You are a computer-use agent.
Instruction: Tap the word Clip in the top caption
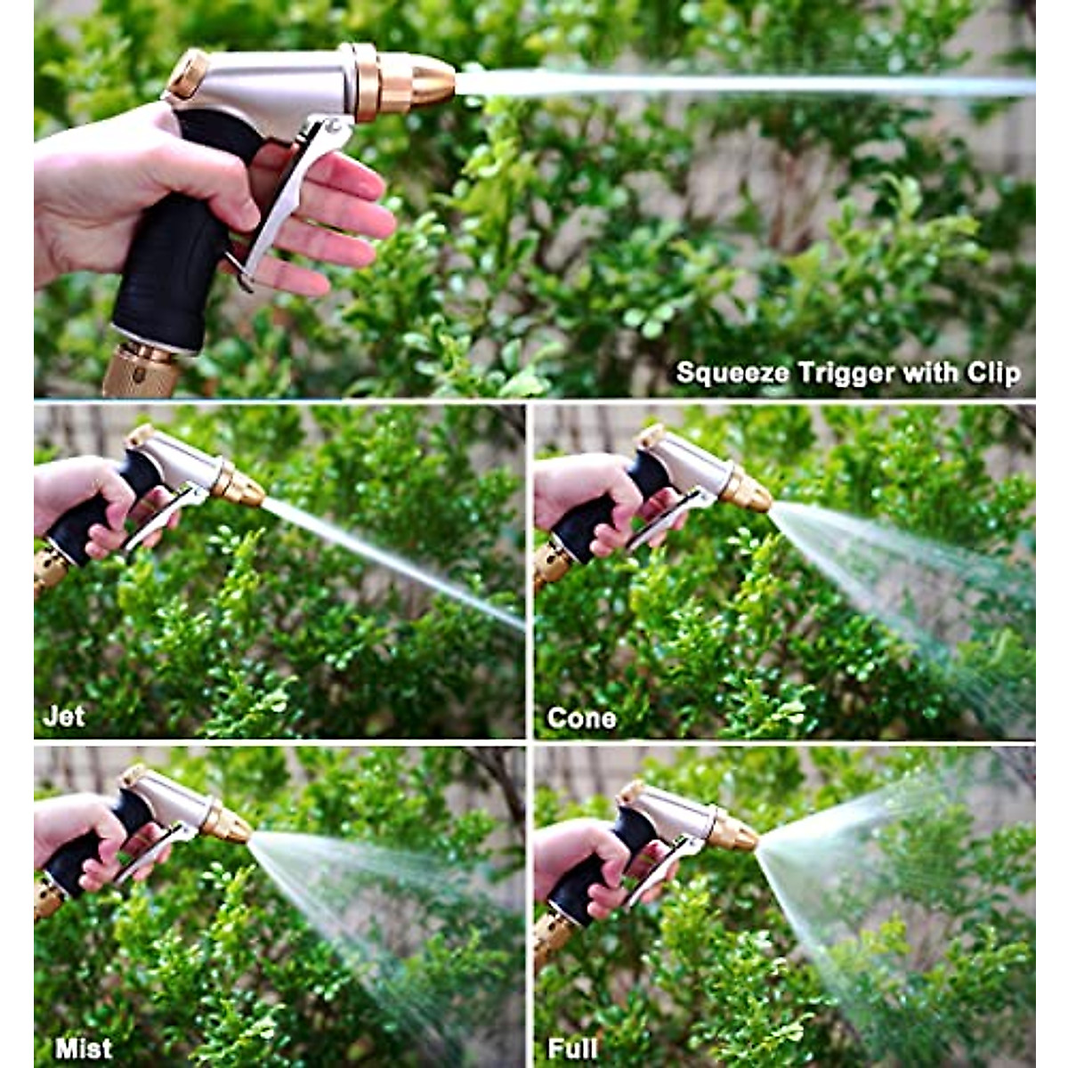click(x=993, y=372)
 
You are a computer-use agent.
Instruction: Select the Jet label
click(x=64, y=716)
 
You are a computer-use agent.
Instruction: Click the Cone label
click(x=581, y=717)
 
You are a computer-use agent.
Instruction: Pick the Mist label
click(x=84, y=1048)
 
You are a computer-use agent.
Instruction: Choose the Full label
click(x=572, y=1048)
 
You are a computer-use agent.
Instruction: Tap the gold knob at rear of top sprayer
click(x=187, y=73)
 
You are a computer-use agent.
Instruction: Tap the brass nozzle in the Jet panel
click(x=242, y=487)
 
